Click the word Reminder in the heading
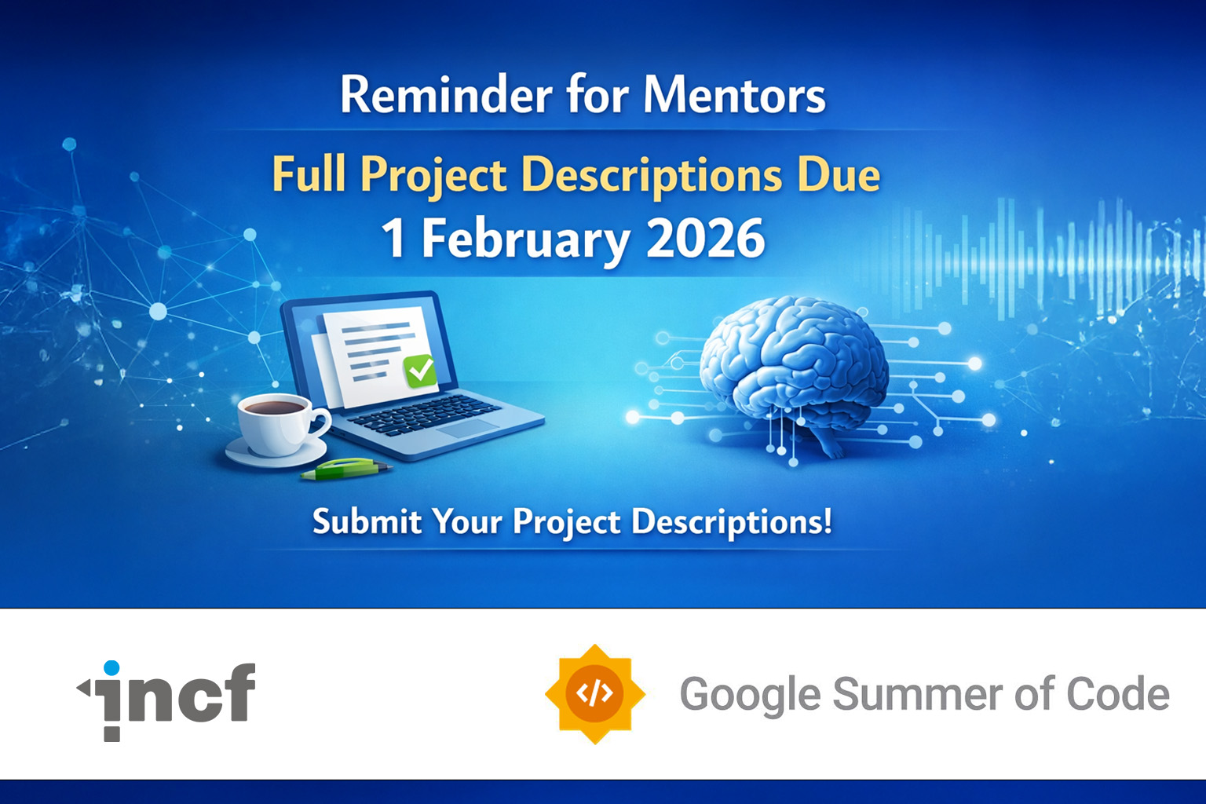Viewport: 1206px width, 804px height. [446, 94]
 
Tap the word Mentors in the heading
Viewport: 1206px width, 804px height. [734, 95]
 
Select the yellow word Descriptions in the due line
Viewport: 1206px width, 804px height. [652, 176]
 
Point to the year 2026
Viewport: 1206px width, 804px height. [705, 238]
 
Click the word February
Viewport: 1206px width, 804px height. [525, 240]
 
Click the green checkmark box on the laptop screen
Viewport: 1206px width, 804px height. [421, 371]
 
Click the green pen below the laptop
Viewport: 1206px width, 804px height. [345, 469]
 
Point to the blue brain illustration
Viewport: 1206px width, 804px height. [795, 371]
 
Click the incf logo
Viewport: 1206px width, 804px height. [166, 700]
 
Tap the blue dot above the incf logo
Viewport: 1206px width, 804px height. [111, 667]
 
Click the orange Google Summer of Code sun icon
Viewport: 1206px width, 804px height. [595, 693]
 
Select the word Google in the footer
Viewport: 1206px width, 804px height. [751, 696]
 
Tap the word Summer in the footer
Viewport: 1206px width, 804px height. [918, 694]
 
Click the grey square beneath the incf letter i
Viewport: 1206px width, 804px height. [112, 734]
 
